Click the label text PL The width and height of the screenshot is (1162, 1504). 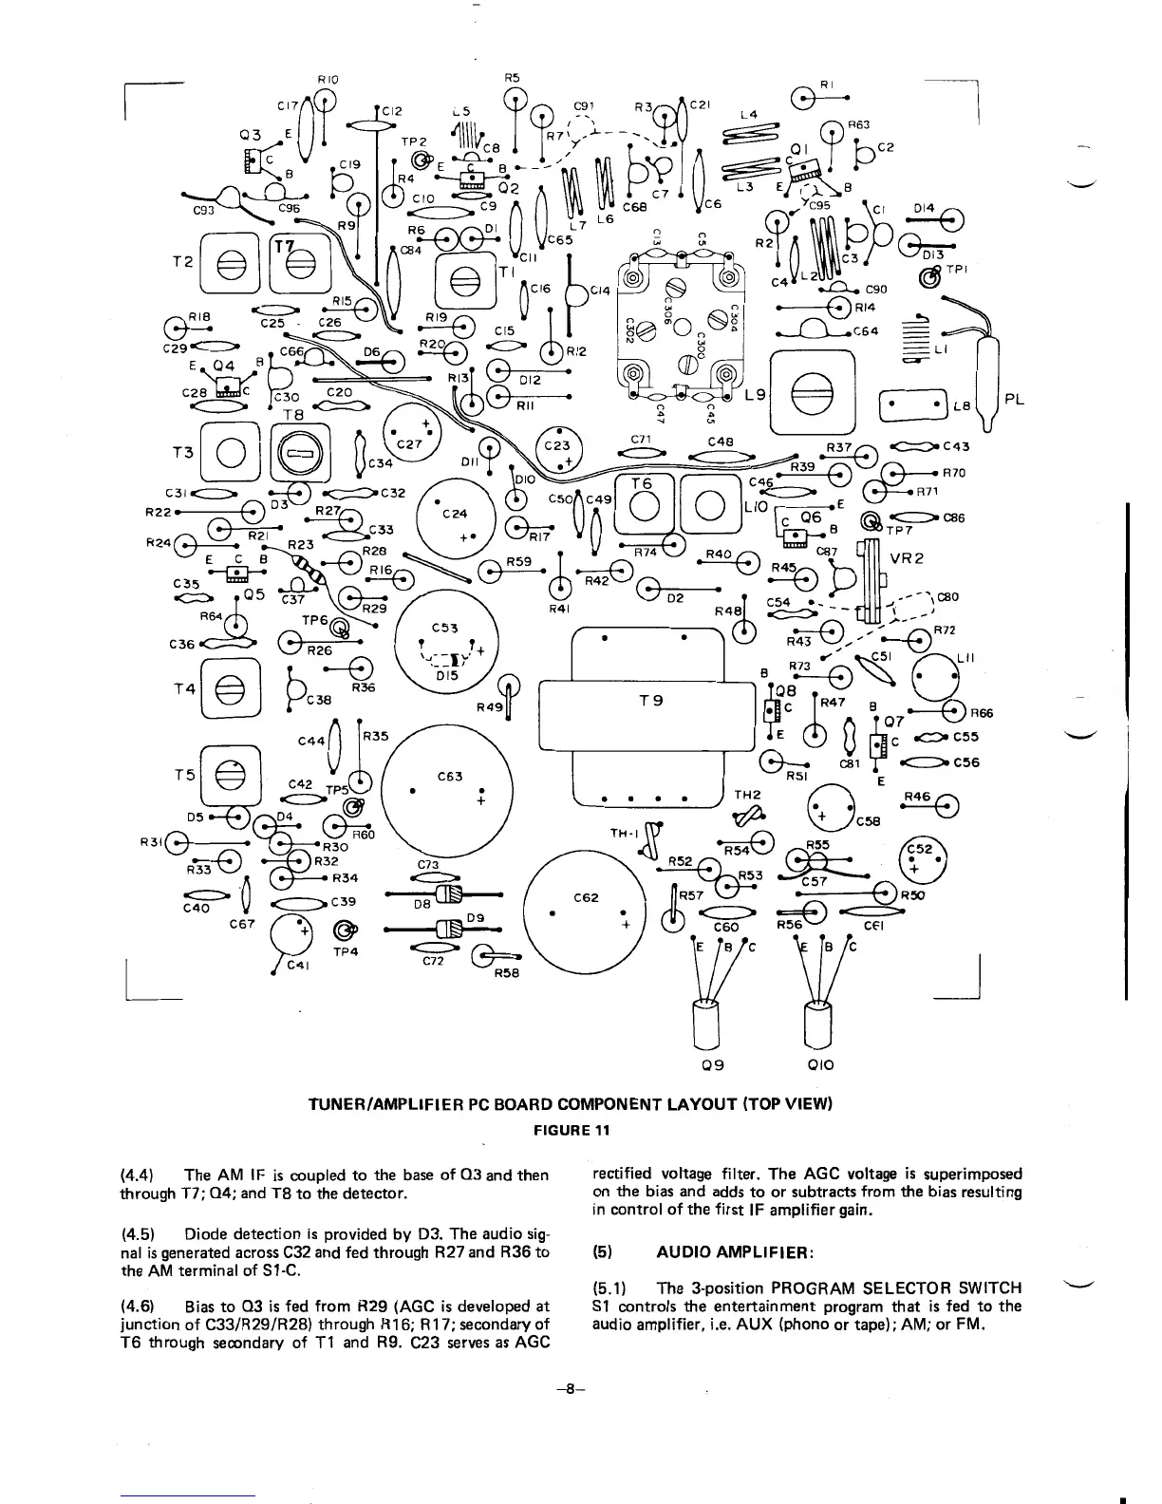1015,400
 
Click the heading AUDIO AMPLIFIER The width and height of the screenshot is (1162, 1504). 734,1252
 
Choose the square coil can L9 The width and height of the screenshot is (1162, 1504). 812,392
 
